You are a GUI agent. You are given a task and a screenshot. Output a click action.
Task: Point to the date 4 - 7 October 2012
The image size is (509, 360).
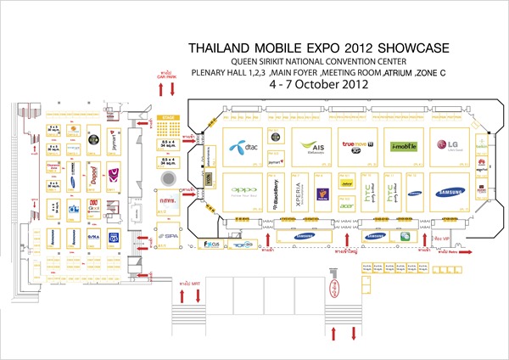coord(317,86)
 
